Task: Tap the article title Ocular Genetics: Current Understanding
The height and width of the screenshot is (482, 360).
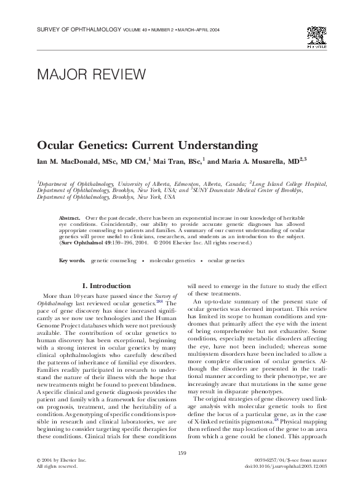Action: [145, 147]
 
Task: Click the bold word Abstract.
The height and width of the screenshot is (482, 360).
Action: [70, 219]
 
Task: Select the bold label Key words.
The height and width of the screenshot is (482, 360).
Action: [72, 261]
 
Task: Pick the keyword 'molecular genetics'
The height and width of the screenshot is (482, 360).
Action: [175, 261]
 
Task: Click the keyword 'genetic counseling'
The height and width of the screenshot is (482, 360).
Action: [114, 261]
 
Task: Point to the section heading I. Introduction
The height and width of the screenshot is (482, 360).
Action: [106, 286]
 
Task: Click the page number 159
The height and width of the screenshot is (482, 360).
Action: [182, 454]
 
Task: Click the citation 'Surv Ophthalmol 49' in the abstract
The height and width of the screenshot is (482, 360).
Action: [83, 243]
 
